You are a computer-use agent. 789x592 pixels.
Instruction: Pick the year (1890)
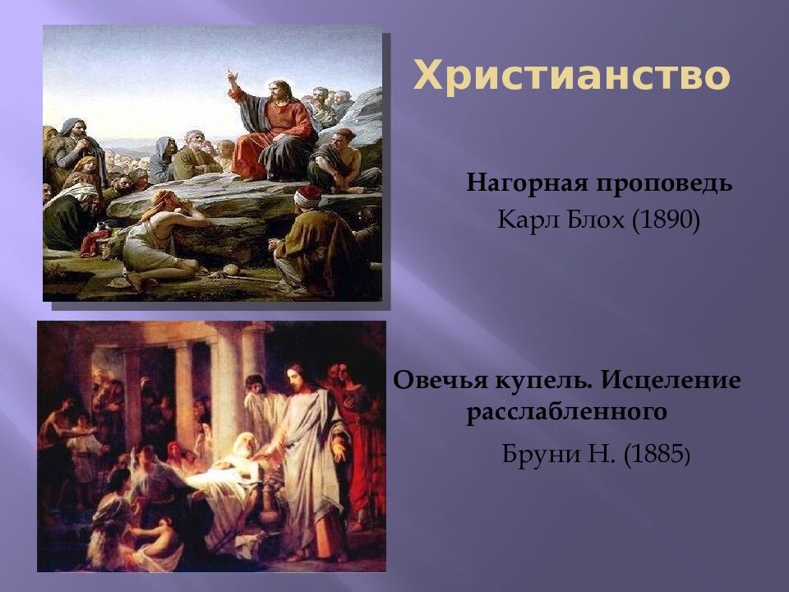667,220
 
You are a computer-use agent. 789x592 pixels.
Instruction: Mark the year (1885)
657,454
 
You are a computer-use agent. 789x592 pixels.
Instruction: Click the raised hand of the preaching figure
233,76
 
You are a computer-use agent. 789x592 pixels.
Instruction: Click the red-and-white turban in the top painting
308,196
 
